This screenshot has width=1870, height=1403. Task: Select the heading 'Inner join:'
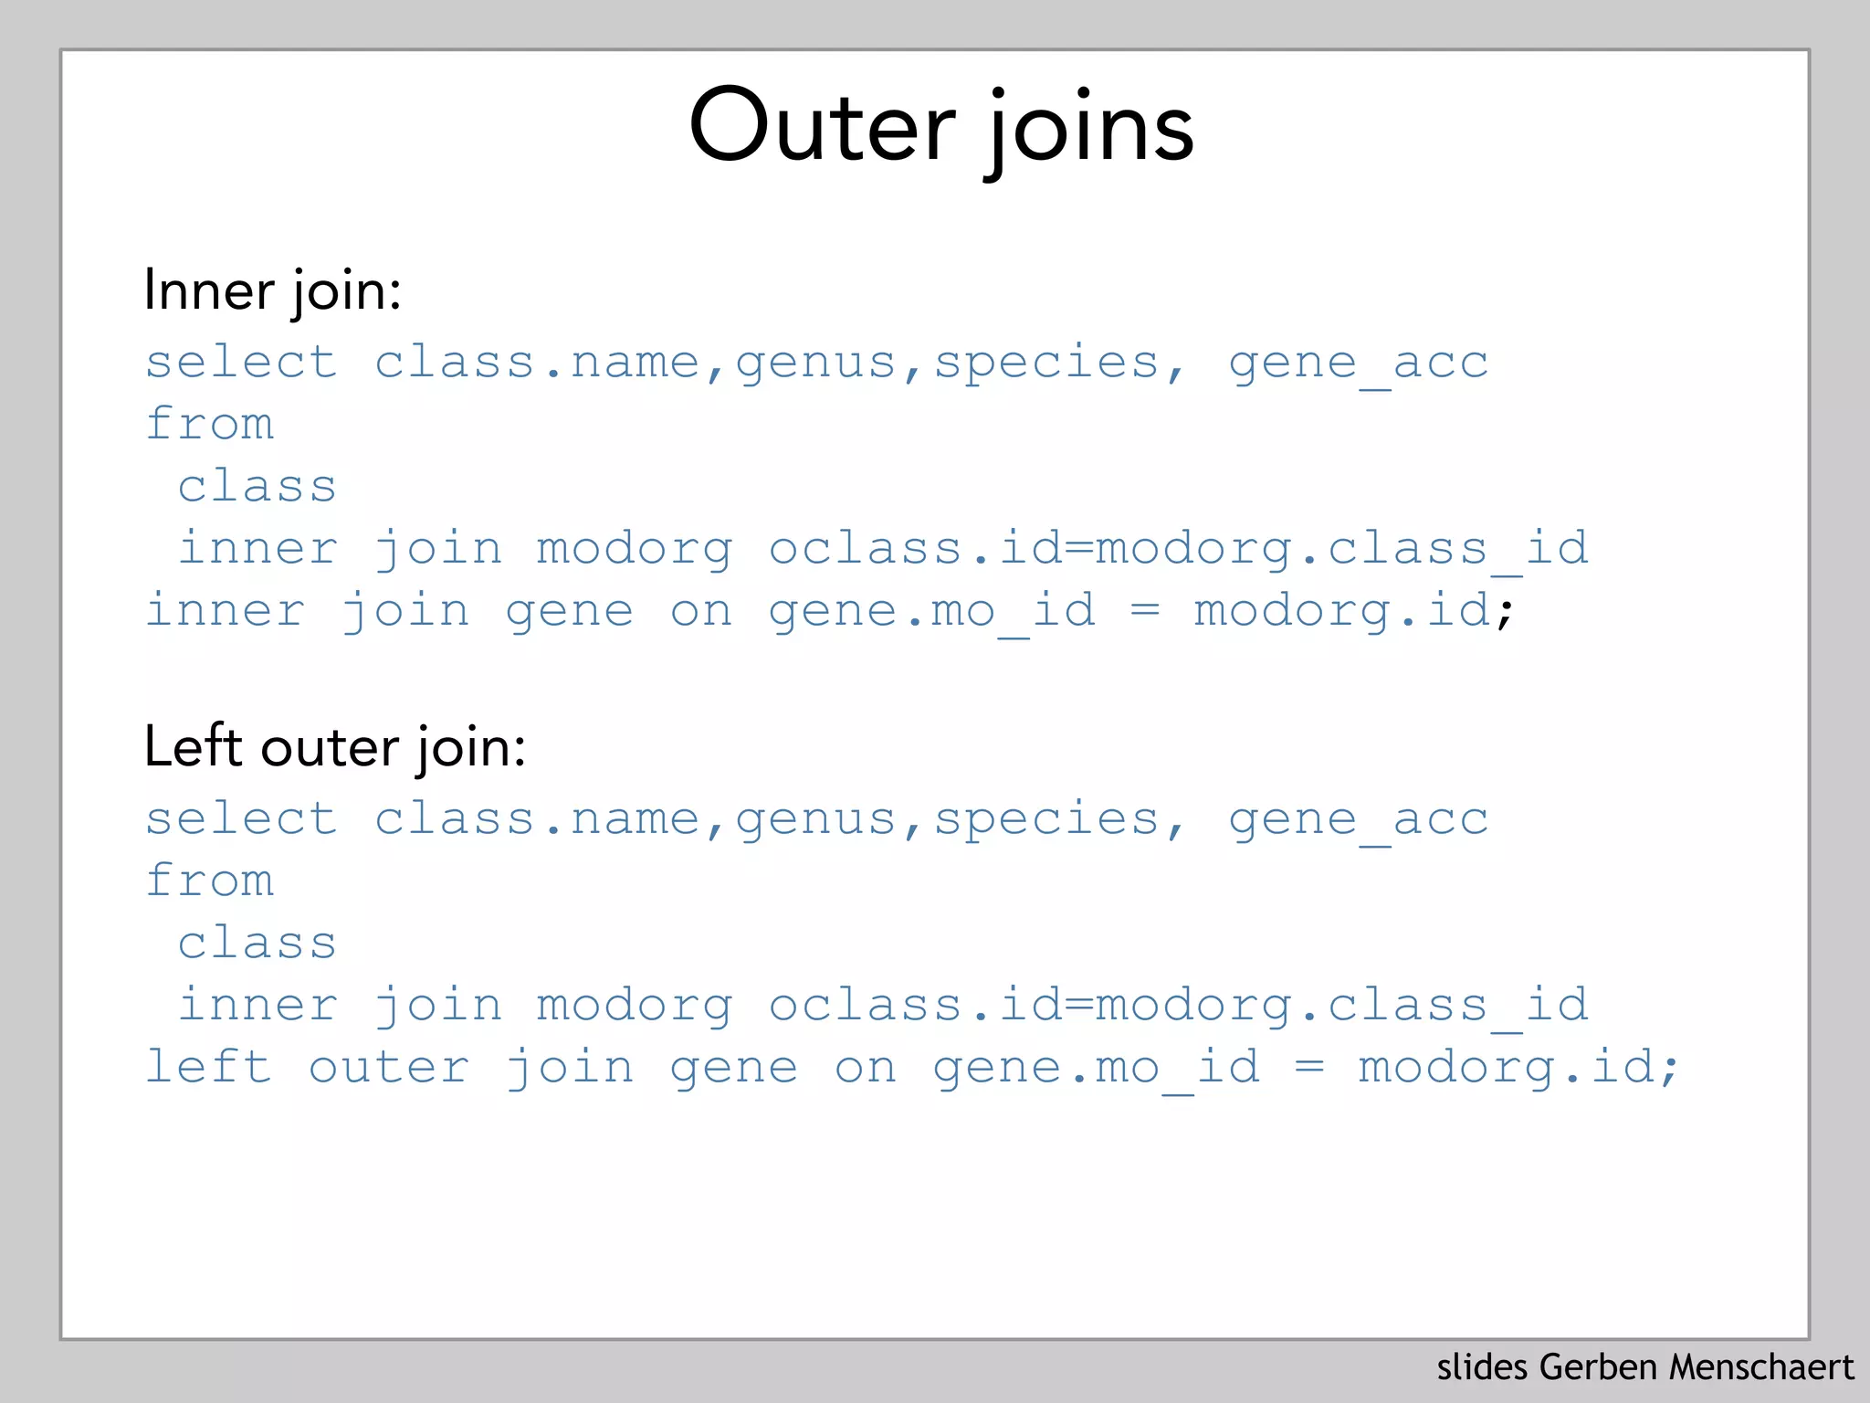click(272, 290)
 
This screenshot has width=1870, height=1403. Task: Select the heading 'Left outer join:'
click(334, 747)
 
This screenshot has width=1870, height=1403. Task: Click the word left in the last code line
click(209, 1066)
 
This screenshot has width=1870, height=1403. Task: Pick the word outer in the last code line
click(389, 1068)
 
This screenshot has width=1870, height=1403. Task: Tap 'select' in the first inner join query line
click(241, 362)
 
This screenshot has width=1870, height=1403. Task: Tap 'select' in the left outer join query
click(241, 818)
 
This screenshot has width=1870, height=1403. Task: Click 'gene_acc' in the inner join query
click(1358, 364)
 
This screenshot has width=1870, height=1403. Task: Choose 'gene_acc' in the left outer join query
click(1358, 820)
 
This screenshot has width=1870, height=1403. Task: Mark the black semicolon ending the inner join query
click(1504, 612)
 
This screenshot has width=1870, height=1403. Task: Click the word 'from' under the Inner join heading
click(210, 424)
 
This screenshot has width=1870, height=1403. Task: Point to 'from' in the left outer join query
click(210, 881)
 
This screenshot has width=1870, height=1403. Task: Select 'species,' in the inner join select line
click(1058, 364)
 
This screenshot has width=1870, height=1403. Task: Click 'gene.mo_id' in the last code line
click(1096, 1068)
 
